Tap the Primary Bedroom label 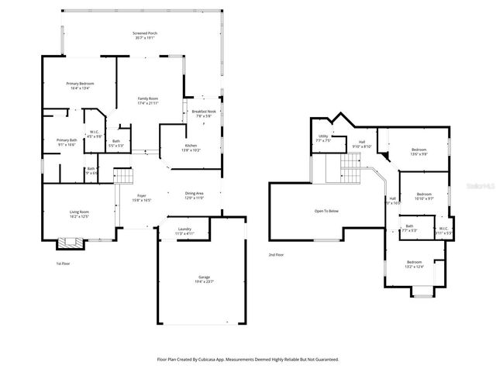(78, 85)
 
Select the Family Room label (148, 100)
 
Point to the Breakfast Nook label (204, 113)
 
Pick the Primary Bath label (66, 142)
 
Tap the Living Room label (79, 214)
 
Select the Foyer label (142, 197)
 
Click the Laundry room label (184, 230)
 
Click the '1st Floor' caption (64, 263)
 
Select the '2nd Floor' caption (277, 254)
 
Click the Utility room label (323, 138)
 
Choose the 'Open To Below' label (325, 210)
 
